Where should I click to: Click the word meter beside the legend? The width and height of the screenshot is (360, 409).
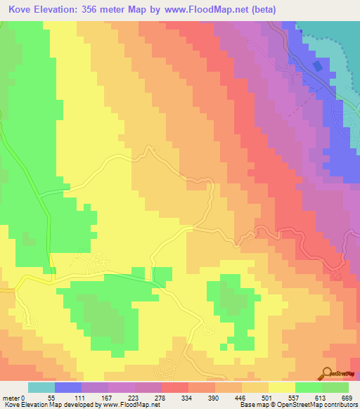point(11,397)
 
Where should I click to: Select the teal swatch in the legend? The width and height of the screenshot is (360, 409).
point(41,387)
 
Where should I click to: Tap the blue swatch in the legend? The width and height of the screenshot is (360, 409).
point(68,387)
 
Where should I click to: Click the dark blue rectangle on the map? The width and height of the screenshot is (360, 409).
point(319,66)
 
